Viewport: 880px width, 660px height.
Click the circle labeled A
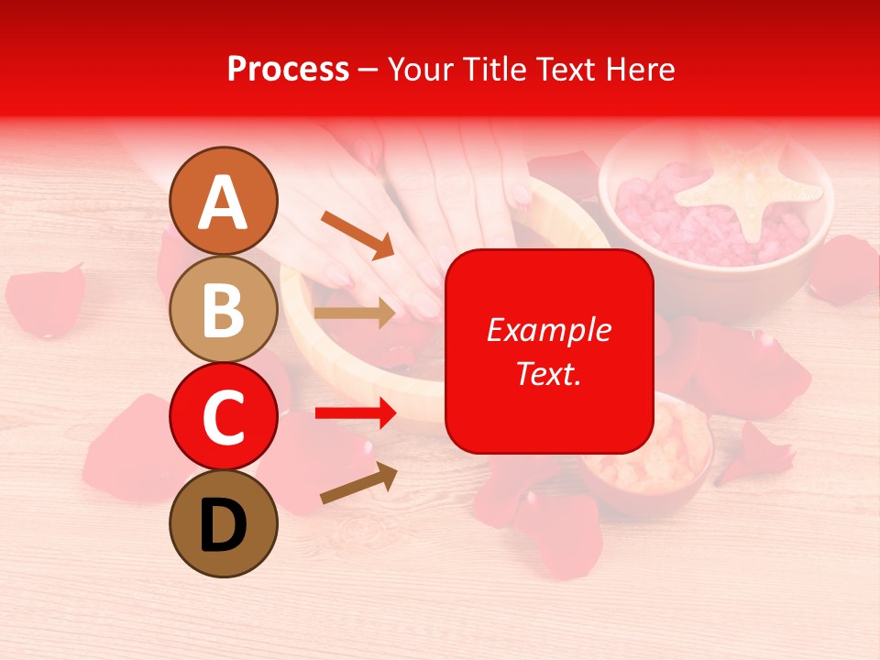click(224, 201)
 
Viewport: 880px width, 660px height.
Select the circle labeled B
click(224, 309)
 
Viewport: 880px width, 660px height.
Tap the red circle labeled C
click(224, 416)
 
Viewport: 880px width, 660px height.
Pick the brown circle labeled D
click(224, 523)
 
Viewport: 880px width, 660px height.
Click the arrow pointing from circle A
click(357, 234)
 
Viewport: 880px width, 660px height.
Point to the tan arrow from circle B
click(355, 313)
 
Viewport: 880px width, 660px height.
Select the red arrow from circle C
click(356, 413)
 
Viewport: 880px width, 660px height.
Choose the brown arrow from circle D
click(358, 483)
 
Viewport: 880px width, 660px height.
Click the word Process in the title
click(288, 69)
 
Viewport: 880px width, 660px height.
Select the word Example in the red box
click(549, 330)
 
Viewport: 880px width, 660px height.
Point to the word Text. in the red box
click(549, 373)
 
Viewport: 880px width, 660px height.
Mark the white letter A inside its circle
click(224, 203)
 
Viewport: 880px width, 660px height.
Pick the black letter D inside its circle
click(224, 525)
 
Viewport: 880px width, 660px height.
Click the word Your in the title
click(422, 69)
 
